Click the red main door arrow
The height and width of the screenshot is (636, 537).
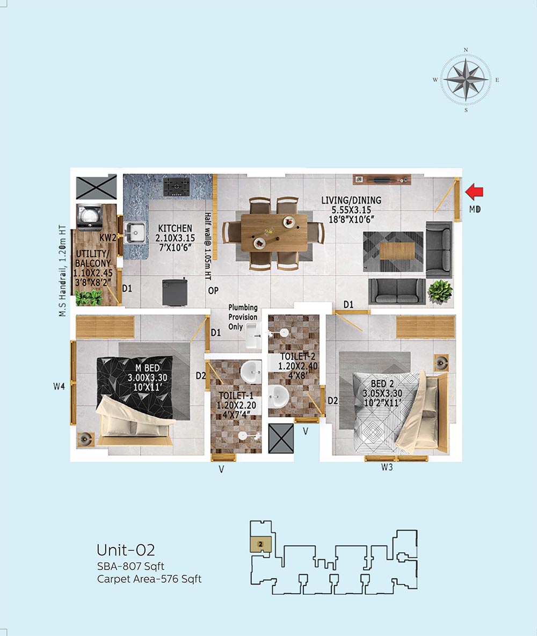(x=474, y=192)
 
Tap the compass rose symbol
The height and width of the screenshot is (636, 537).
(x=466, y=79)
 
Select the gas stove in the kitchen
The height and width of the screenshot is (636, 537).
(x=176, y=187)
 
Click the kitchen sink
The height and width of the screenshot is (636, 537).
(x=134, y=233)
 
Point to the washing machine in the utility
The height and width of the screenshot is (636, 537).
(x=89, y=217)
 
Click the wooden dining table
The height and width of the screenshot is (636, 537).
(x=274, y=233)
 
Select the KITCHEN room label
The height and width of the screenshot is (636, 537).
(x=175, y=228)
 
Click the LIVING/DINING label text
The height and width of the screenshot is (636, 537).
(x=351, y=200)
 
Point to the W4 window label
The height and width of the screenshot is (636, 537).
(x=59, y=386)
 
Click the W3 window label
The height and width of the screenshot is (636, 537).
(x=387, y=467)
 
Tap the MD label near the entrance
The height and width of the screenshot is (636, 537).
(x=475, y=209)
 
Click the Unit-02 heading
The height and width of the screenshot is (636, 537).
(x=126, y=550)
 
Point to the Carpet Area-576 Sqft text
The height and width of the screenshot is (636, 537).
(x=149, y=579)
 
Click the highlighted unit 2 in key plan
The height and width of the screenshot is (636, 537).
(x=260, y=544)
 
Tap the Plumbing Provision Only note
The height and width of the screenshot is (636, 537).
(x=243, y=317)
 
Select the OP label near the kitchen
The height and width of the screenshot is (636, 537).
(x=213, y=291)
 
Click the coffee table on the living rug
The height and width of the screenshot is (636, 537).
(x=397, y=251)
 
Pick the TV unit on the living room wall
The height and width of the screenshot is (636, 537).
(x=382, y=180)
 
